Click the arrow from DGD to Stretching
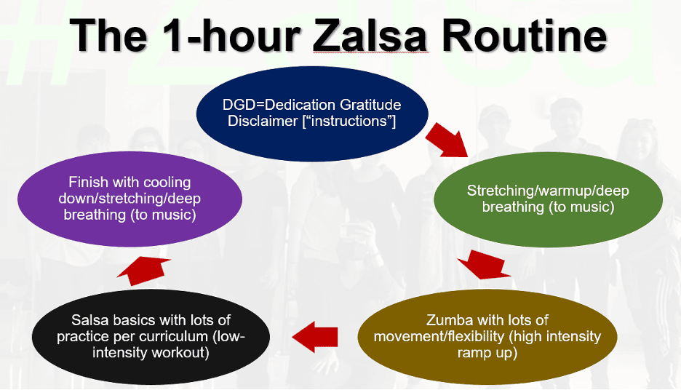(x=445, y=140)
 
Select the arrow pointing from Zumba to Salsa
(x=315, y=336)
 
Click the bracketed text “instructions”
(x=353, y=122)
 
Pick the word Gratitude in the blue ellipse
(x=370, y=106)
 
